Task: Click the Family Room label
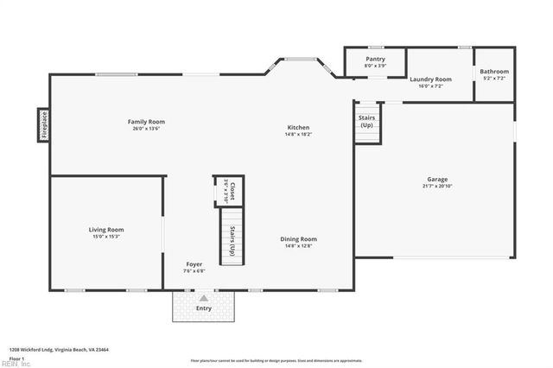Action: [146, 122]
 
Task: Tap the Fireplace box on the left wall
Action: [43, 124]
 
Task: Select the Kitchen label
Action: [298, 128]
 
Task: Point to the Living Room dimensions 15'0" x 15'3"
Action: [106, 236]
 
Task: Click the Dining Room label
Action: [298, 238]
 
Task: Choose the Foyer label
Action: [194, 263]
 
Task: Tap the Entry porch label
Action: [203, 308]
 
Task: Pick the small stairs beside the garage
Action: [366, 126]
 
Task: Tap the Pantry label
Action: [375, 59]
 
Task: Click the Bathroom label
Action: [494, 72]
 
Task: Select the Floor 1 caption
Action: [18, 358]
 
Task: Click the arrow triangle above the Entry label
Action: [203, 298]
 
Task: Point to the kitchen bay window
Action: [300, 61]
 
